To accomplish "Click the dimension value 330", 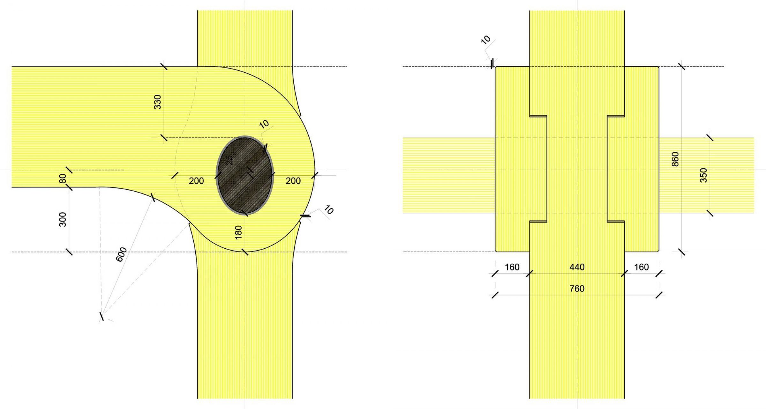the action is (x=158, y=102).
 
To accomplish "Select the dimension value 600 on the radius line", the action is (x=121, y=254).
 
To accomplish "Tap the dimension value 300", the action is (x=63, y=219).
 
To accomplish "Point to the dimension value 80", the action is (x=63, y=179).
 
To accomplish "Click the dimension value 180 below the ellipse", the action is (x=238, y=232).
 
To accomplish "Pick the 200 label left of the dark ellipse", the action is (x=196, y=181).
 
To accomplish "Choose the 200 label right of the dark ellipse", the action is (x=293, y=181).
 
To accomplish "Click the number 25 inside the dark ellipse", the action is (x=229, y=160).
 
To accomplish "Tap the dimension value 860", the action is (x=675, y=159).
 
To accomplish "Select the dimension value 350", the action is (x=703, y=175).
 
